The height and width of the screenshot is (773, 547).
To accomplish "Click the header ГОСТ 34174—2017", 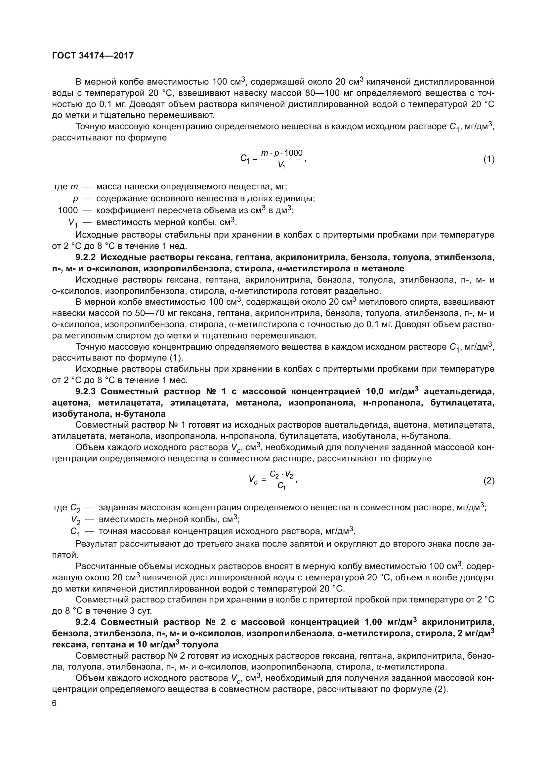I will pos(93,56).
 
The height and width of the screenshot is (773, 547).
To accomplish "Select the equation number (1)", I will pos(489,159).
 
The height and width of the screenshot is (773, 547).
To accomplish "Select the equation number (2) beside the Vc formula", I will pos(489,481).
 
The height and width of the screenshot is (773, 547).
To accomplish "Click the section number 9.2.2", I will pos(86,257).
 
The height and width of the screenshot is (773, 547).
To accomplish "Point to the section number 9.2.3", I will pos(86,392).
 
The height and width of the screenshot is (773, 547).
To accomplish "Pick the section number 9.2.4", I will pos(86,621).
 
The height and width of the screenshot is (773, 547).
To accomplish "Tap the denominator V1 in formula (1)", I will pos(281,165).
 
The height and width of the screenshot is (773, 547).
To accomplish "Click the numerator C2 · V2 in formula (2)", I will pos(281,475).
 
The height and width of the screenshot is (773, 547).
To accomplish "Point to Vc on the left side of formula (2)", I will pos(253,480).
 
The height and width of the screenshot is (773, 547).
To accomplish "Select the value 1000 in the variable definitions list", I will pos(68,211).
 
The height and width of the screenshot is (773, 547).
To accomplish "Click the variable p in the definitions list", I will pos(75,199).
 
